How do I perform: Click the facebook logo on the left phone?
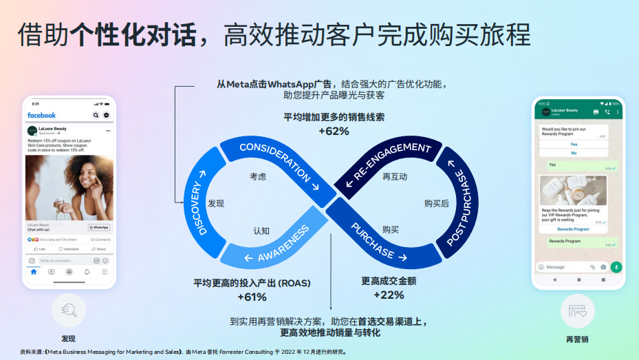click(x=41, y=115)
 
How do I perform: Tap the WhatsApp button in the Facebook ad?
click(x=99, y=227)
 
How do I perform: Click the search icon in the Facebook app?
click(x=96, y=115)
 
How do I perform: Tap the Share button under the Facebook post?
click(x=100, y=248)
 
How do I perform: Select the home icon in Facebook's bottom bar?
click(x=33, y=272)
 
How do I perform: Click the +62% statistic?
click(x=334, y=131)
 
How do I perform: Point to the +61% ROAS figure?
click(x=252, y=297)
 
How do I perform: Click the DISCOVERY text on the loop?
click(x=198, y=208)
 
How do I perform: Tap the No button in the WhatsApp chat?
click(x=574, y=152)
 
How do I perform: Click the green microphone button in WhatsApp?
click(x=616, y=266)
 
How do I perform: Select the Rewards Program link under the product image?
click(x=573, y=229)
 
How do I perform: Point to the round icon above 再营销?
click(x=577, y=311)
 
